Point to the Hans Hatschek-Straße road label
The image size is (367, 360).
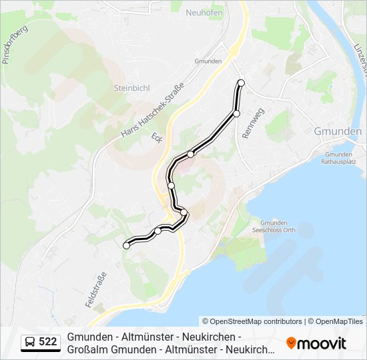(152, 108)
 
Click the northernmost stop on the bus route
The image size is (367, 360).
(242, 83)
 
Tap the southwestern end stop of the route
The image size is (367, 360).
(126, 246)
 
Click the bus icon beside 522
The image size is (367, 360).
(30, 343)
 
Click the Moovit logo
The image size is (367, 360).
(317, 343)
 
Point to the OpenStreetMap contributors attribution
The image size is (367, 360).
(252, 321)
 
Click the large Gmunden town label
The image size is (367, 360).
(337, 132)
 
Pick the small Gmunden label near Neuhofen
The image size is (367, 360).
(208, 61)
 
